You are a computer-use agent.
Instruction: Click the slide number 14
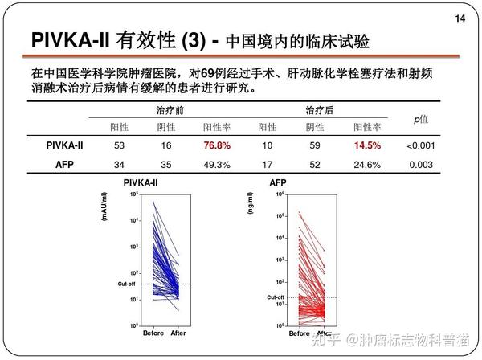click(460, 18)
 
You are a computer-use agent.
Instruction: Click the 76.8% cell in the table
click(216, 146)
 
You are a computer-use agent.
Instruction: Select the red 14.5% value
click(366, 146)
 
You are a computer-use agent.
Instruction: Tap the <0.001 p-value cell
click(420, 146)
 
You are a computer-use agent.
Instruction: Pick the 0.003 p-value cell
click(420, 165)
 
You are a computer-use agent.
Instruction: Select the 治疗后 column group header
click(320, 109)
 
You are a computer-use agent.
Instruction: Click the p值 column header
click(420, 119)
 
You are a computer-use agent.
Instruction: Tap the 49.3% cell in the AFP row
click(216, 165)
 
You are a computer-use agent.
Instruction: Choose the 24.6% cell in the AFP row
click(366, 165)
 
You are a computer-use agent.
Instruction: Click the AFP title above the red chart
click(277, 183)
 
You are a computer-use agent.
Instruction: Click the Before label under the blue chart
click(153, 333)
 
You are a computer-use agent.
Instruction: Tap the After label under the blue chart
click(178, 333)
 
